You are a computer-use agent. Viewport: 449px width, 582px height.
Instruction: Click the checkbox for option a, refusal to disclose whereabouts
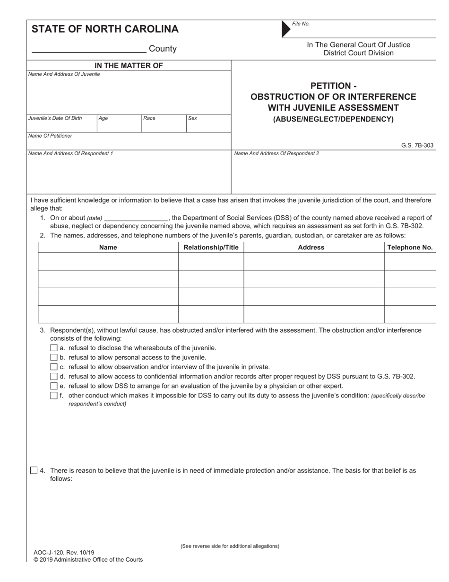[53, 348]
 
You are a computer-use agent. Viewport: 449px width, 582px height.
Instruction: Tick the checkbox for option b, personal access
[53, 357]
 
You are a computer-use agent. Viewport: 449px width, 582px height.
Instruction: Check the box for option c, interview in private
[53, 367]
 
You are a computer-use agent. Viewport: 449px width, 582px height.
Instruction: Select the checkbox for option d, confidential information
[53, 377]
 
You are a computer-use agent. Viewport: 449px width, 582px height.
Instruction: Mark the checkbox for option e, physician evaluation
[53, 386]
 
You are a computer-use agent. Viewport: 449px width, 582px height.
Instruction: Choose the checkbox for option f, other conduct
[53, 396]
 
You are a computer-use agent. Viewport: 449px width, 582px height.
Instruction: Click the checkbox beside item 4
[34, 470]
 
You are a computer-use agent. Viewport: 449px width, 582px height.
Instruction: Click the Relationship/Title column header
[211, 247]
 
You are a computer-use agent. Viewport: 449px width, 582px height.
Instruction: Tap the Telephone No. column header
[410, 247]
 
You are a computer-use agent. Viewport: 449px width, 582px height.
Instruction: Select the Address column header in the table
[311, 247]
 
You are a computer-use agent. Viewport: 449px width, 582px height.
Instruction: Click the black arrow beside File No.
[286, 29]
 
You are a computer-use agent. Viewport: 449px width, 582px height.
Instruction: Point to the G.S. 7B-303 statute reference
[417, 146]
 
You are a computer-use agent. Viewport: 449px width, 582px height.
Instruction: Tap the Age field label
[104, 118]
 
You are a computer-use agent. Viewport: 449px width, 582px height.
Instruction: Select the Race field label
[149, 118]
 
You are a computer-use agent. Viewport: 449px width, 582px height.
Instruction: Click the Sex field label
[192, 118]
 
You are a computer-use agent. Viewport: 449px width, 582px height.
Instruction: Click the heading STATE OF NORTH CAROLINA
[105, 29]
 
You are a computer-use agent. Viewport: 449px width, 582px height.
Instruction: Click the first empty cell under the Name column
[108, 261]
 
